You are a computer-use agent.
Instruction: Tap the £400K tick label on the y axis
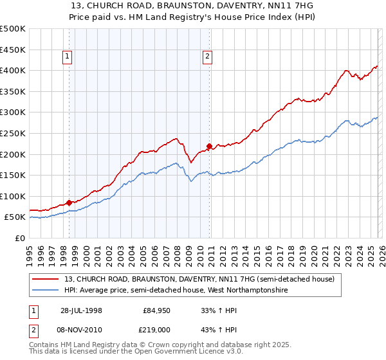coord(13,70)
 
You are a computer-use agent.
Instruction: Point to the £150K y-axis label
coord(13,175)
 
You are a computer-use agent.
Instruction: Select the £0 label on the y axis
coord(19,238)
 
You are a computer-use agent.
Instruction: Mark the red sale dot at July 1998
coord(69,203)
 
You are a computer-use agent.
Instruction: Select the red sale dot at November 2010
coord(209,146)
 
